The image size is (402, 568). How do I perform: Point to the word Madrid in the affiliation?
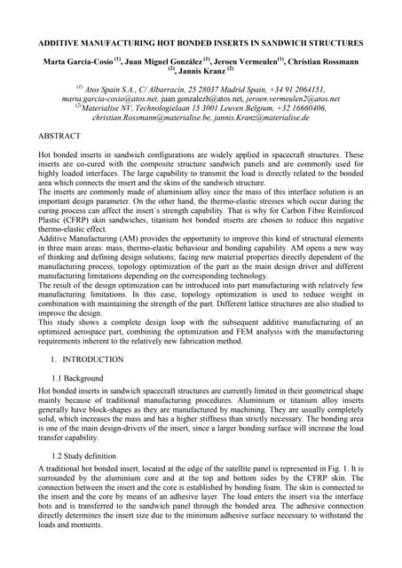point(223,90)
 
